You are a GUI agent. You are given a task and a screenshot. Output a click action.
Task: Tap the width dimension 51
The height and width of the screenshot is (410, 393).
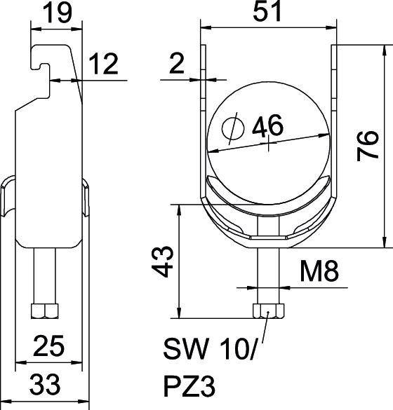pyautogui.click(x=268, y=15)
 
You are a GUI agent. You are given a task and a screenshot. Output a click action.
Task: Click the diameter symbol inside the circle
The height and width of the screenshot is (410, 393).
pyautogui.click(x=230, y=128)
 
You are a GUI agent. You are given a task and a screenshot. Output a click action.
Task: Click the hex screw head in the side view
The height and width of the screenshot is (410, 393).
pyautogui.click(x=46, y=310)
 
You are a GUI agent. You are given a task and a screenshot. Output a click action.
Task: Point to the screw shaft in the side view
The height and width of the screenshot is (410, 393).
pyautogui.click(x=46, y=277)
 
